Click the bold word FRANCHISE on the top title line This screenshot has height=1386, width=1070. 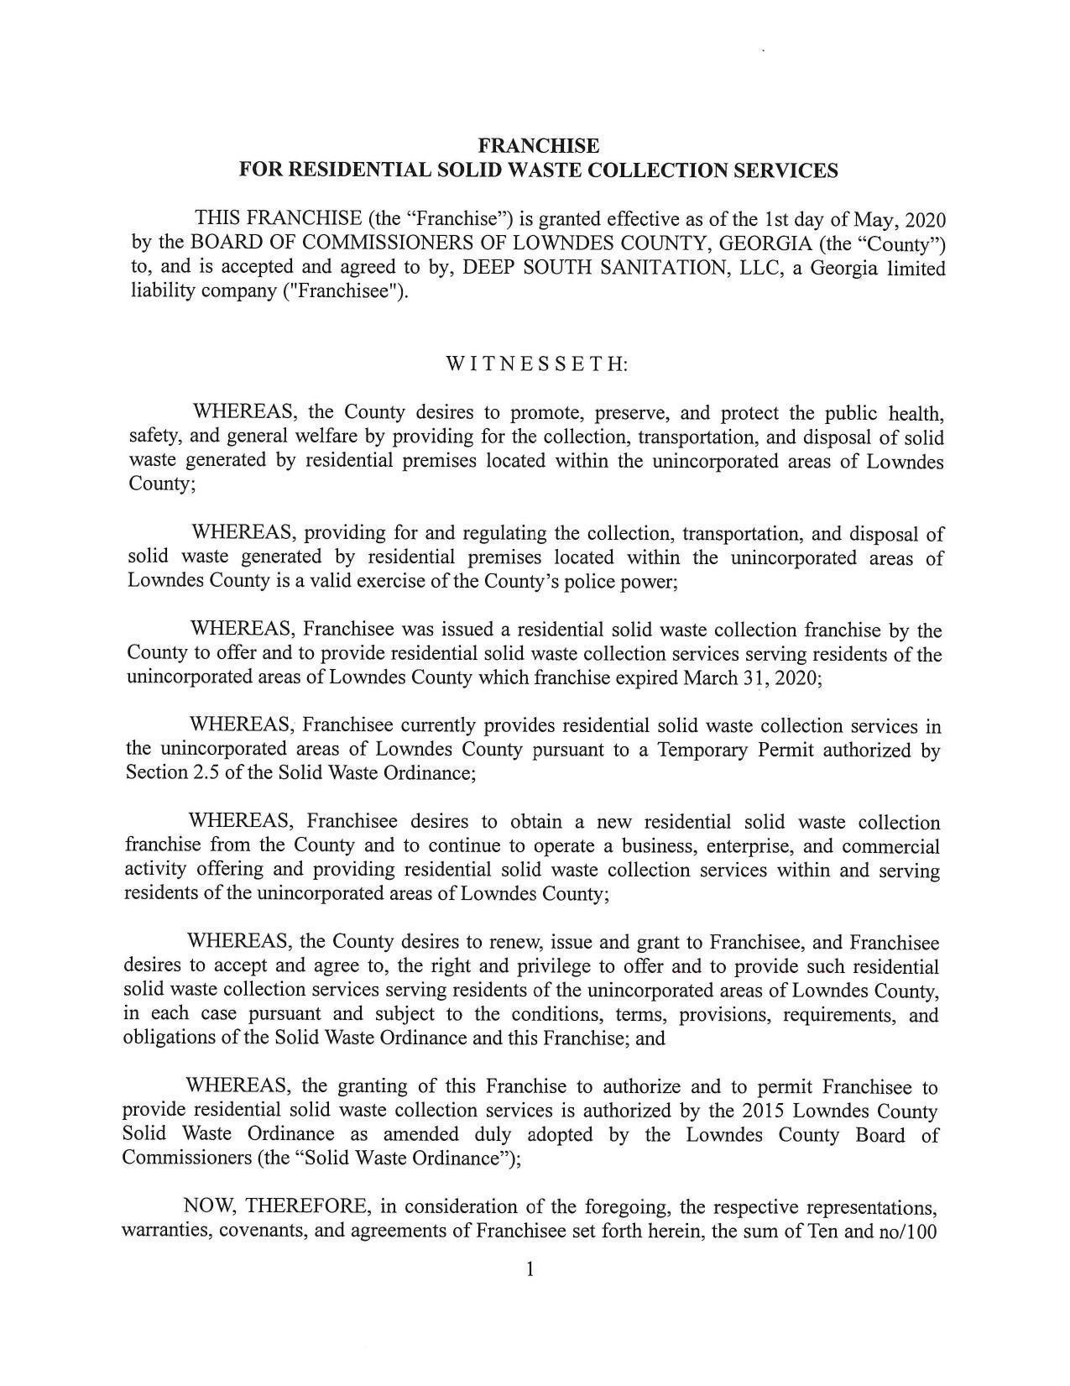point(538,146)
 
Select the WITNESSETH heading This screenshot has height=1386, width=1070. point(536,364)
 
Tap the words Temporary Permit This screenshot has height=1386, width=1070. point(735,750)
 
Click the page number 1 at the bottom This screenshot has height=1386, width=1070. point(530,1269)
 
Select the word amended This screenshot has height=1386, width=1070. point(415,1134)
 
